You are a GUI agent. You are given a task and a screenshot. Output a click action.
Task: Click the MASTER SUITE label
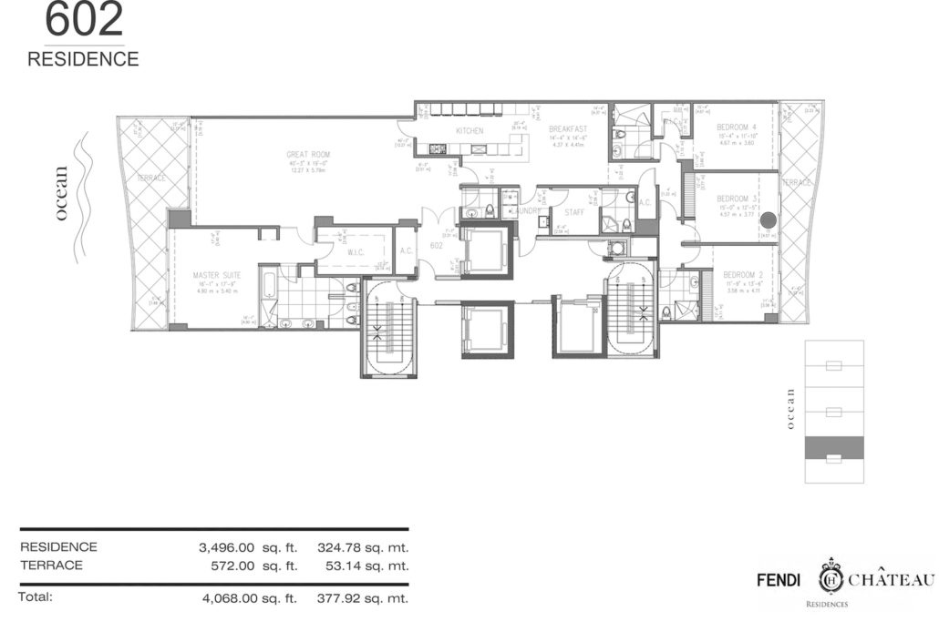tap(214, 274)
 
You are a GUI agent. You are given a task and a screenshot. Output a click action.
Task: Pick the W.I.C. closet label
tap(356, 253)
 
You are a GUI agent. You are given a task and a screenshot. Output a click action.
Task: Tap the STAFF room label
tap(574, 211)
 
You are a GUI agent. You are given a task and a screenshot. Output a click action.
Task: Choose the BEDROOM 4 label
tap(737, 126)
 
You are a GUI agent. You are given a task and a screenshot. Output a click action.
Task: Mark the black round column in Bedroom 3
tap(768, 219)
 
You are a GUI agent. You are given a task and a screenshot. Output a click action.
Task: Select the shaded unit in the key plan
tap(833, 446)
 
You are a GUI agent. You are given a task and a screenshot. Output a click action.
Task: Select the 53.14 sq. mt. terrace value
tap(370, 565)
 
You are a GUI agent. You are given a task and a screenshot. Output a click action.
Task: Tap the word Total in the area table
tap(36, 597)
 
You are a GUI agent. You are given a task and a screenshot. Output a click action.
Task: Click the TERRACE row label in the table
tap(51, 565)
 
